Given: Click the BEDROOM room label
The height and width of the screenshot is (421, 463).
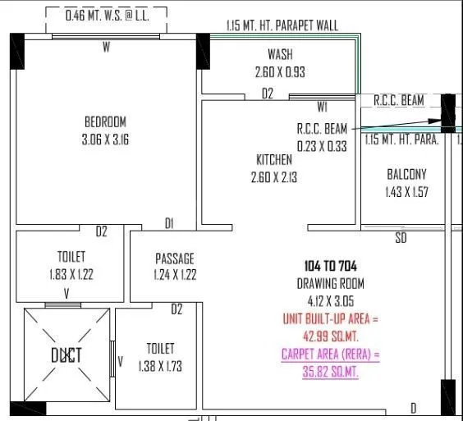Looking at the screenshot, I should coord(105,121).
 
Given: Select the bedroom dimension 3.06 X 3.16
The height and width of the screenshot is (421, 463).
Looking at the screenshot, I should coord(105,140).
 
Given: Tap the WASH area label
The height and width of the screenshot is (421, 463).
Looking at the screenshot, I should coord(280,55).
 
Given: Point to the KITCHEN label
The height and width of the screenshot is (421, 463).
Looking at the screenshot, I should coord(273,159).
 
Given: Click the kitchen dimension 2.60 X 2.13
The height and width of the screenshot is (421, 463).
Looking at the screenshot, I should coord(273,176).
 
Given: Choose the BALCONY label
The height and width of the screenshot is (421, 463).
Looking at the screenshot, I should coord(406,174).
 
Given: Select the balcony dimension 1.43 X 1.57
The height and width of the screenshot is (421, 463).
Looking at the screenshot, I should coord(406,192).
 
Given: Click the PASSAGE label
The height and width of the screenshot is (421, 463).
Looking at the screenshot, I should coord(175,258).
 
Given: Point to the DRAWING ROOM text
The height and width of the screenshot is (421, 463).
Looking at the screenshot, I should coord(330,283).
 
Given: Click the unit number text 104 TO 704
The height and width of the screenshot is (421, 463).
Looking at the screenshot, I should coord(330,266).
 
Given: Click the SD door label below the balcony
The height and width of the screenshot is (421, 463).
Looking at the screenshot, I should coord(401,238).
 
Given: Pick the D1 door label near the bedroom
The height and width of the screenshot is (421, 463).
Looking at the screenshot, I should coord(169,223).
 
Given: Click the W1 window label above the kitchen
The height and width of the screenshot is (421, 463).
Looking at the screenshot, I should coord(323,107).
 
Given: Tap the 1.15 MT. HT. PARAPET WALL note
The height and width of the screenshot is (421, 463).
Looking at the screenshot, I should coord(282,26).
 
